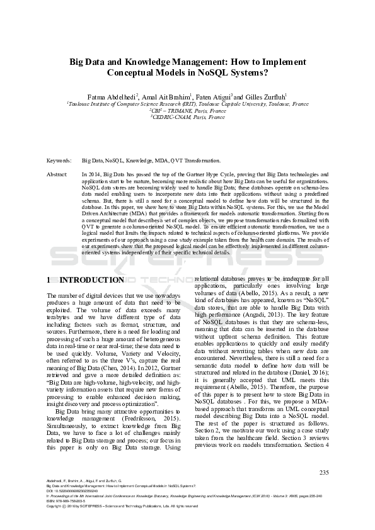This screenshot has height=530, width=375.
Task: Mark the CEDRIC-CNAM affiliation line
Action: point(188,117)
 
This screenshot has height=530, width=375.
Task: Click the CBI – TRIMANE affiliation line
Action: point(188,110)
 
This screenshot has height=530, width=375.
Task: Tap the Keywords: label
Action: point(59,161)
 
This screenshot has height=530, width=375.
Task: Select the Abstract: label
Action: point(58,172)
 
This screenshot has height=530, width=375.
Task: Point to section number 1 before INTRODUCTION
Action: point(50,279)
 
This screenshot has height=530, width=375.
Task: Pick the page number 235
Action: point(324,472)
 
